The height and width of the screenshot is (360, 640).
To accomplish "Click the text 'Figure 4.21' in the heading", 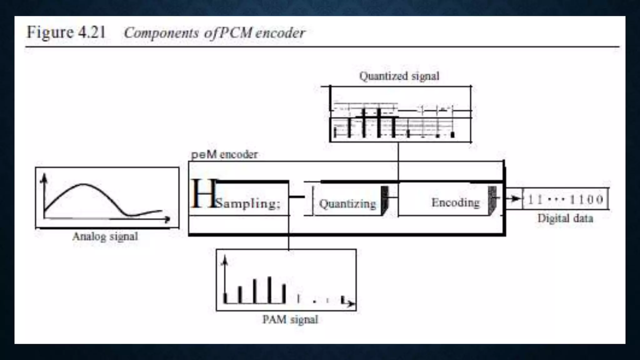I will (x=66, y=32).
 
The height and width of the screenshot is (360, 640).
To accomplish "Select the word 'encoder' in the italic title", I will (x=280, y=33).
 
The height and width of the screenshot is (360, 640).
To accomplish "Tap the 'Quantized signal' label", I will (x=399, y=76).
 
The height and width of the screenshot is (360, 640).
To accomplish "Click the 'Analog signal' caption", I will (x=105, y=236).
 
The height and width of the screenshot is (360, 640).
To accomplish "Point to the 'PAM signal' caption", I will (x=290, y=319).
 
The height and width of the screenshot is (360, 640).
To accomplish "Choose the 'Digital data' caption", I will (x=565, y=218).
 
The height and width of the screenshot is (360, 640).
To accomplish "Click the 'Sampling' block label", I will (x=247, y=203).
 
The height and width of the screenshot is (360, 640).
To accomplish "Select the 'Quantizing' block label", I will (x=347, y=204).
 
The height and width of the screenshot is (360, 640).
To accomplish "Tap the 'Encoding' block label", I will (x=456, y=202).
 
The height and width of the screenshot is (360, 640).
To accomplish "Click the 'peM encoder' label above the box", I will (x=224, y=154).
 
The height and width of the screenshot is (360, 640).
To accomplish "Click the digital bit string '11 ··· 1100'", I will (x=565, y=199).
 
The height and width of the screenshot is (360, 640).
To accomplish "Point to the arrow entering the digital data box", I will (x=516, y=198).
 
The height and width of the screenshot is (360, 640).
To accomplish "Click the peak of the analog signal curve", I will (x=83, y=184).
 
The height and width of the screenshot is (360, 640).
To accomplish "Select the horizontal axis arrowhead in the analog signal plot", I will (x=167, y=219).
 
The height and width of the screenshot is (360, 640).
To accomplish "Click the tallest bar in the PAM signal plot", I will (x=269, y=290).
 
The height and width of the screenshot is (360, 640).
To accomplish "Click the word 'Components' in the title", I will (x=161, y=33).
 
